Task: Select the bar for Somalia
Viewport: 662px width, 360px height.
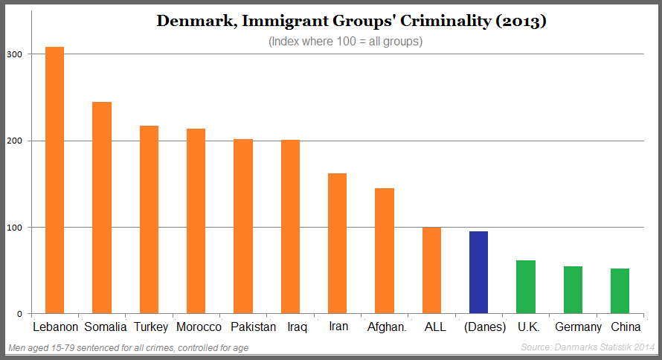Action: tap(102, 208)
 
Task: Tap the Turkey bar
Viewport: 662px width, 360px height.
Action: tap(149, 219)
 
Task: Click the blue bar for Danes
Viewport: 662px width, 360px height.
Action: tap(478, 272)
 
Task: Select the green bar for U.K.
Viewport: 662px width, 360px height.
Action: tap(526, 286)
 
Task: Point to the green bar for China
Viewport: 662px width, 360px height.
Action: tap(620, 291)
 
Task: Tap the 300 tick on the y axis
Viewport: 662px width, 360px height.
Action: tap(15, 54)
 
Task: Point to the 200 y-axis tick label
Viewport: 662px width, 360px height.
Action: tap(15, 141)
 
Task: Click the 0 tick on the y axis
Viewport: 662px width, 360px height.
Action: tap(19, 314)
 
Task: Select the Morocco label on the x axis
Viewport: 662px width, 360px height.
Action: tap(199, 327)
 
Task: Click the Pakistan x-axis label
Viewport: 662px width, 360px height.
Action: tap(253, 327)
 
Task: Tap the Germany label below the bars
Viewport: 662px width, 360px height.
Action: tap(578, 327)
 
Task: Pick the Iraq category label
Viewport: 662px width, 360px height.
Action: tap(296, 327)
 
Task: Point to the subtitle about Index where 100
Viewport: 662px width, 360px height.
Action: tap(345, 42)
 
